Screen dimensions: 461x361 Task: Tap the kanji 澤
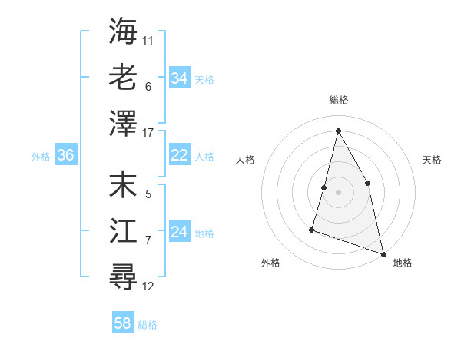click(x=123, y=122)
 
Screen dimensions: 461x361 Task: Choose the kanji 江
click(x=123, y=231)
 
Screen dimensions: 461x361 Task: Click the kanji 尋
click(x=123, y=277)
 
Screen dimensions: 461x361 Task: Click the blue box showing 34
click(x=179, y=78)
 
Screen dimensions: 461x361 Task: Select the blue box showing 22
click(x=179, y=155)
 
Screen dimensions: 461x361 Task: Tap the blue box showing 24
click(x=179, y=232)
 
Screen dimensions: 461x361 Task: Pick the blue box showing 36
click(x=65, y=155)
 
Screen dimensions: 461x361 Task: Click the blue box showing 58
click(x=123, y=323)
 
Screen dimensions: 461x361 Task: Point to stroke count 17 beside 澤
click(x=148, y=133)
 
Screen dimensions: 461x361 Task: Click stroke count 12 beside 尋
click(x=148, y=286)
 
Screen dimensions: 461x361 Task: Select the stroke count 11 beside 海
click(x=148, y=39)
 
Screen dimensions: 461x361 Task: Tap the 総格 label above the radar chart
click(x=338, y=100)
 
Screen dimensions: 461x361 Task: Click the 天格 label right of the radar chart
click(x=432, y=160)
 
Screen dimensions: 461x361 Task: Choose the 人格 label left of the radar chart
click(x=245, y=160)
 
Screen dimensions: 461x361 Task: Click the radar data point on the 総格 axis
click(x=338, y=130)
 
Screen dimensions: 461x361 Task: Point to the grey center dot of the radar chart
click(x=338, y=192)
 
